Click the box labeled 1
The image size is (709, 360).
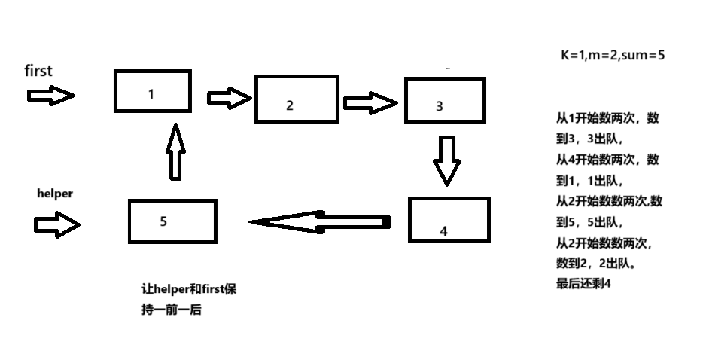(x=152, y=90)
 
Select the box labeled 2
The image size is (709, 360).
(x=296, y=99)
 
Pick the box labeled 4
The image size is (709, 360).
(x=449, y=220)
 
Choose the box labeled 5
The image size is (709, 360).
(x=172, y=221)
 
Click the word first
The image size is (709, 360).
(x=38, y=71)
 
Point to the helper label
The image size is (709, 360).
(x=55, y=194)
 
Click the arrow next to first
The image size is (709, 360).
(x=51, y=96)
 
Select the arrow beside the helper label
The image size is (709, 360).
(x=56, y=224)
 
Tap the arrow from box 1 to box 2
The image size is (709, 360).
(x=228, y=97)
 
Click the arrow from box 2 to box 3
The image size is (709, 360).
(x=370, y=102)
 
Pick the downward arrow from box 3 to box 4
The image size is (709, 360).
(x=448, y=160)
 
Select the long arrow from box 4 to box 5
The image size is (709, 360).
(x=321, y=221)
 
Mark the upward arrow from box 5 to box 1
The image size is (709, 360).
(x=175, y=152)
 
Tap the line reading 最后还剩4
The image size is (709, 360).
(x=583, y=284)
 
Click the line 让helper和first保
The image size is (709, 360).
(x=189, y=289)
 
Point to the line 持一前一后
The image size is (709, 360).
(x=171, y=309)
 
